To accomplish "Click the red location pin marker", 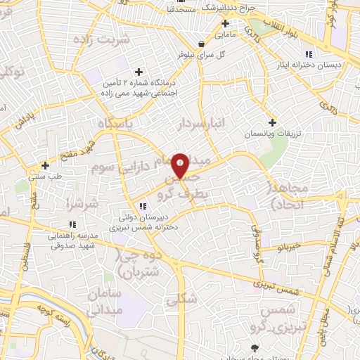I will coord(181,165).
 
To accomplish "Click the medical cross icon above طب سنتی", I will coord(46,166).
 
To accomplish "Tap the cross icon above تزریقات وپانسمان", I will coord(272,122).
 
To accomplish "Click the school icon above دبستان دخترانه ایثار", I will coord(308,54).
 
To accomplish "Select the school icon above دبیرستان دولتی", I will coord(143,207).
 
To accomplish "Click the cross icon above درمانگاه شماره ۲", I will coord(139,72).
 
